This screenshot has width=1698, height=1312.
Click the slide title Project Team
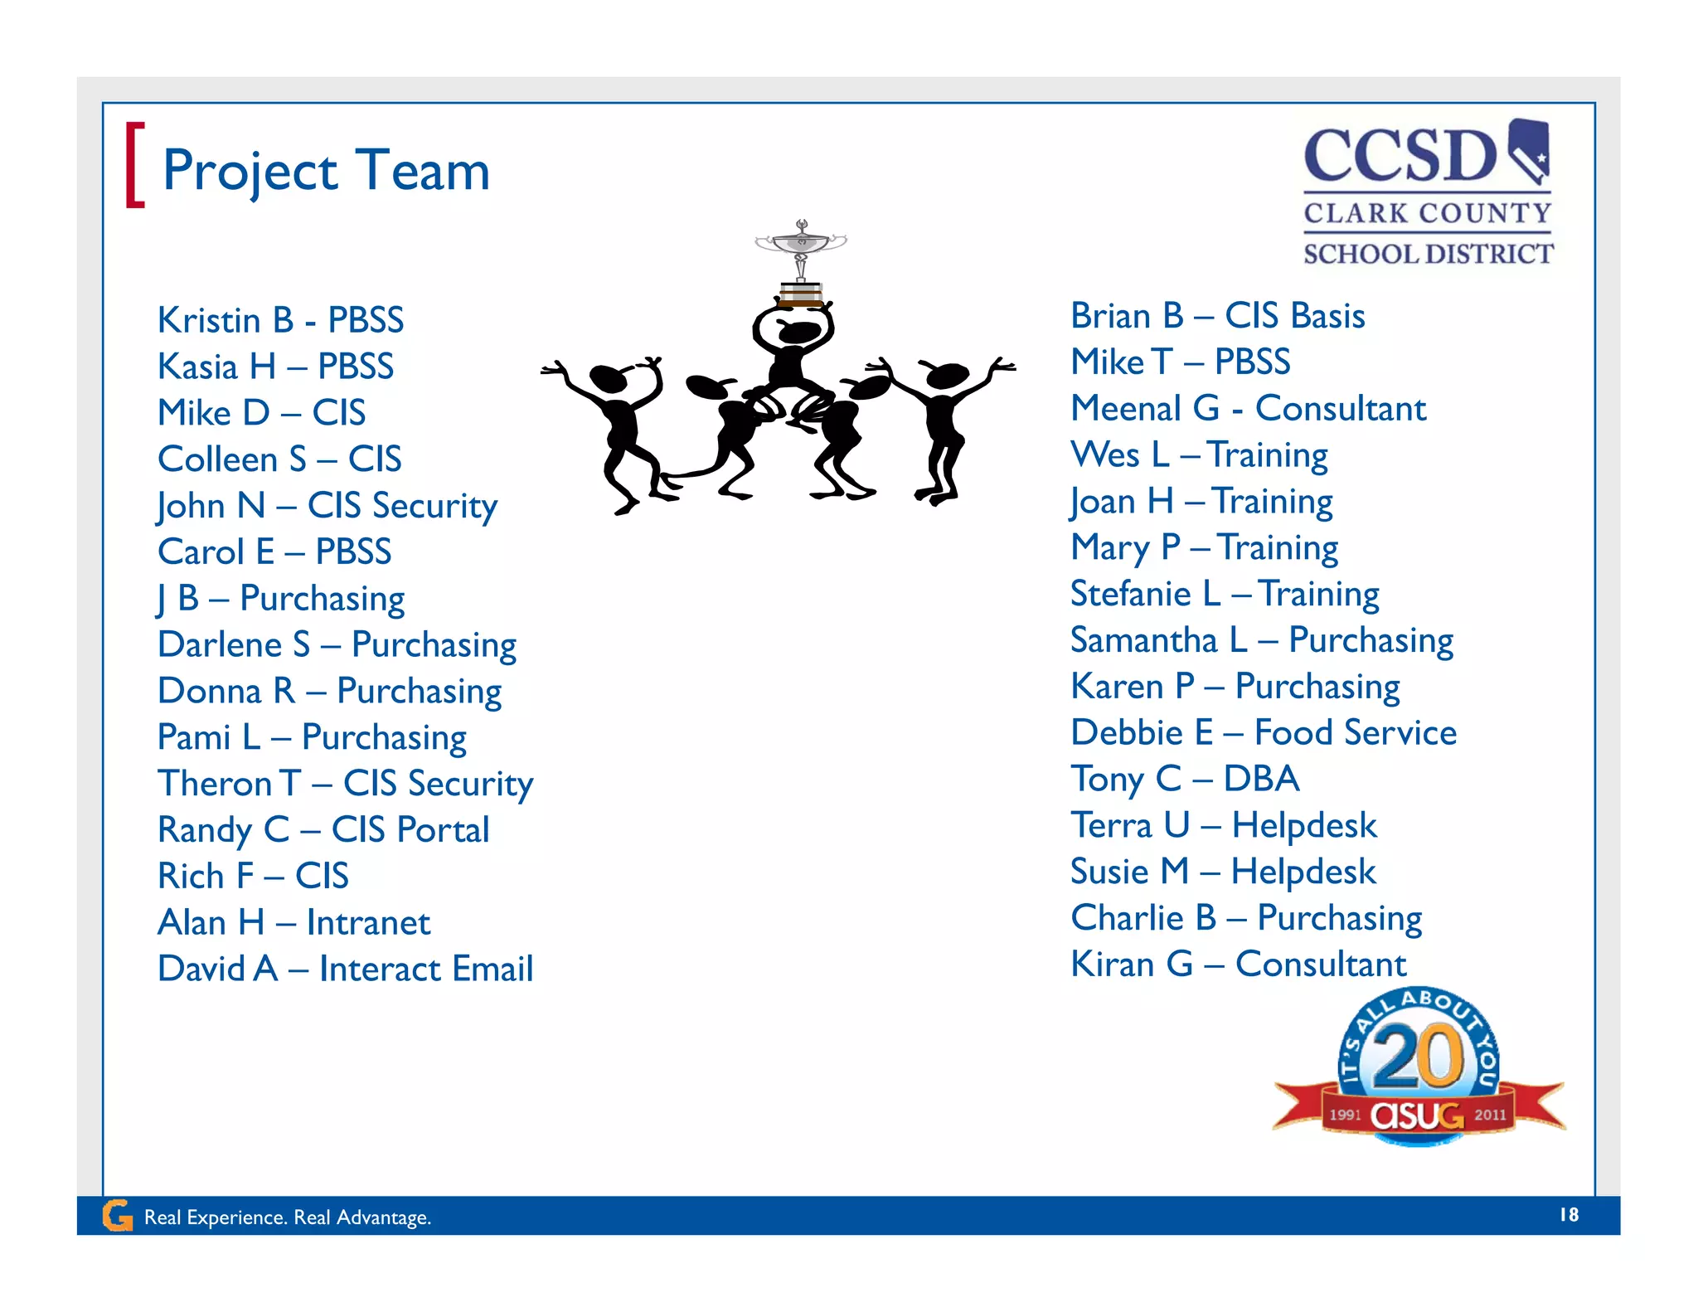pyautogui.click(x=326, y=171)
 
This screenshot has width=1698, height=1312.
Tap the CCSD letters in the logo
pyautogui.click(x=1400, y=157)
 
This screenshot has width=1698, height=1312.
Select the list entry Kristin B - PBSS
pyautogui.click(x=280, y=320)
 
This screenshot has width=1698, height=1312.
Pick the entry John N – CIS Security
pyautogui.click(x=327, y=506)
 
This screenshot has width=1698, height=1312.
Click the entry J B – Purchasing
pyautogui.click(x=281, y=599)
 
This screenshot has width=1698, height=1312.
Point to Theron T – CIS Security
pyautogui.click(x=345, y=784)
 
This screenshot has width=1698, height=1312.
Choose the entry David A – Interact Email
pyautogui.click(x=345, y=969)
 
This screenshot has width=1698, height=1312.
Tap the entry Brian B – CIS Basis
pyautogui.click(x=1217, y=316)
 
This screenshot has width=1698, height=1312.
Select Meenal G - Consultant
pyautogui.click(x=1248, y=409)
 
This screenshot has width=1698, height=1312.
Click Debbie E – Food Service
pyautogui.click(x=1263, y=733)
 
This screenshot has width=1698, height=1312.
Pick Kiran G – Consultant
pyautogui.click(x=1238, y=965)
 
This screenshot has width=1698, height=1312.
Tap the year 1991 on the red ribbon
pyautogui.click(x=1345, y=1115)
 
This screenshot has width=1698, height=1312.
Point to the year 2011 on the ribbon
pyautogui.click(x=1490, y=1115)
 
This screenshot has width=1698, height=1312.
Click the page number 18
pyautogui.click(x=1569, y=1215)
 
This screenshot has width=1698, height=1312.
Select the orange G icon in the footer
pyautogui.click(x=118, y=1216)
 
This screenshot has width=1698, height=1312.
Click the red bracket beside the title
pyautogui.click(x=134, y=165)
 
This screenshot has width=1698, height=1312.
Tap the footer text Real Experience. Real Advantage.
pyautogui.click(x=288, y=1217)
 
